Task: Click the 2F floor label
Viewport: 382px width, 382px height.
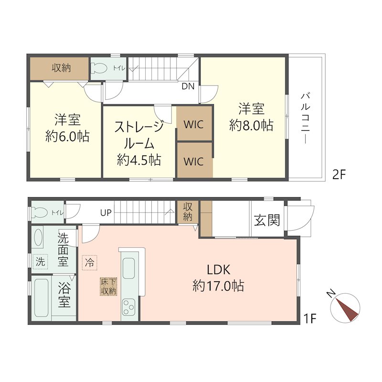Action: (338, 174)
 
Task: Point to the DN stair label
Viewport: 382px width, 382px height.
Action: (188, 87)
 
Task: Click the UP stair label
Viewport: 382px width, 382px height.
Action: (106, 212)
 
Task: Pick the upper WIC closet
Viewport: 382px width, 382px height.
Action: (193, 125)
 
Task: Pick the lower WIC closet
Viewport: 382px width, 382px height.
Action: (193, 161)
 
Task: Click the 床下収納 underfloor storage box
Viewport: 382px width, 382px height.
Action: (108, 286)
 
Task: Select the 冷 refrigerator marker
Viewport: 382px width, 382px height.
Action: (89, 262)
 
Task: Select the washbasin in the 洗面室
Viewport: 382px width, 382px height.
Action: (39, 238)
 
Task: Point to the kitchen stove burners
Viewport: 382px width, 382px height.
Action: (129, 306)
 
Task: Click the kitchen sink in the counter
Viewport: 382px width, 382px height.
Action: (129, 268)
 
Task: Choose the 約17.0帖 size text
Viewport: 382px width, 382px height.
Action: (219, 286)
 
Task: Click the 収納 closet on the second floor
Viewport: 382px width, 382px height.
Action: (61, 68)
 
